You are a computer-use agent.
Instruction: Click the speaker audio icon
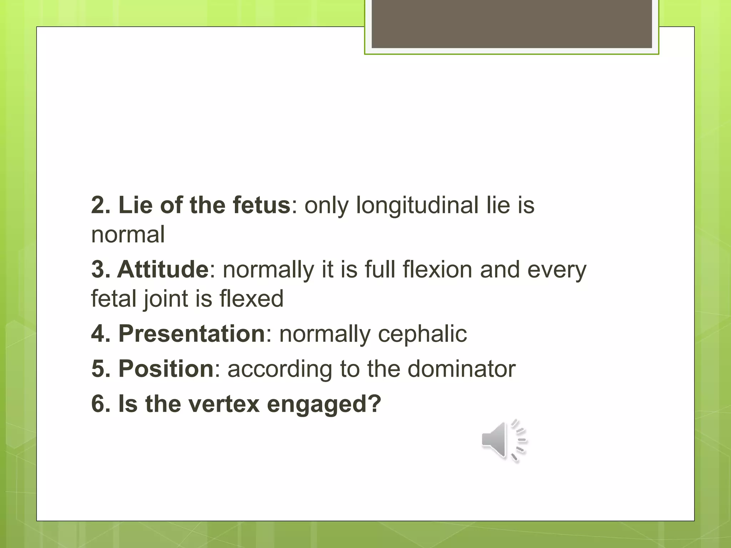(503, 441)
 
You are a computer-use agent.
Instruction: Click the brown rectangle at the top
(511, 24)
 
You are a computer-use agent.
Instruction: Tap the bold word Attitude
(163, 269)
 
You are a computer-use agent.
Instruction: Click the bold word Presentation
(191, 334)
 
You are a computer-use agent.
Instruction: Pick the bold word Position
(166, 369)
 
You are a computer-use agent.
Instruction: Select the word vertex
(224, 404)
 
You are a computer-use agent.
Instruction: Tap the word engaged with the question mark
(324, 405)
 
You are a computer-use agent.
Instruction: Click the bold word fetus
(262, 205)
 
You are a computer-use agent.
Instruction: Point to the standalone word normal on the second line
(128, 235)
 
